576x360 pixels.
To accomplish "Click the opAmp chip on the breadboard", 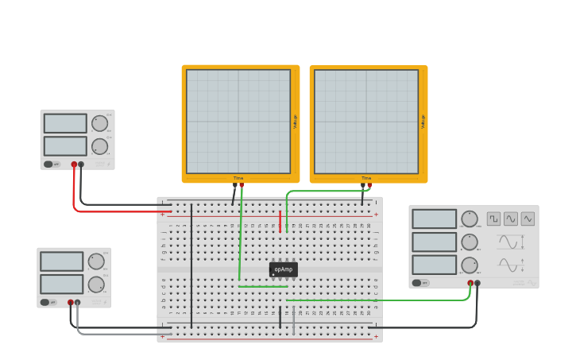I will click(283, 269).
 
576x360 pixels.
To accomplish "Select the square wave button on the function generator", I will click(493, 218).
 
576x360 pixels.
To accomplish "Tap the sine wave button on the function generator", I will click(511, 218).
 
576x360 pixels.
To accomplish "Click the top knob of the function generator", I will click(470, 219).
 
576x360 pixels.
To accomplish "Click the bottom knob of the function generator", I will click(470, 265).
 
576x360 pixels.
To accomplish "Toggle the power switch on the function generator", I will click(418, 282).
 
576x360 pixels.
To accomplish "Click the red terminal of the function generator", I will click(470, 283).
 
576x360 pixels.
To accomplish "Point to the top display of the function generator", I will click(435, 219).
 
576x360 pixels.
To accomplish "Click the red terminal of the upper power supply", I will click(74, 165).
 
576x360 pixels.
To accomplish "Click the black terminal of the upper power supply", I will click(81, 165).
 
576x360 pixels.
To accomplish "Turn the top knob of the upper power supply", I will click(99, 123).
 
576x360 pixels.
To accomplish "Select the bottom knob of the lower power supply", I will click(96, 285).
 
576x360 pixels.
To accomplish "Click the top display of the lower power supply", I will click(62, 261).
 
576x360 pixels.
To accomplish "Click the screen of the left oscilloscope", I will click(238, 121).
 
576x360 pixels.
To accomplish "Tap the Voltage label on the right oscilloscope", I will click(423, 122).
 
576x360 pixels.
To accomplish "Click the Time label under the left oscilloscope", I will click(238, 178).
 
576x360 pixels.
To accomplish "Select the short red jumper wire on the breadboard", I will click(280, 222).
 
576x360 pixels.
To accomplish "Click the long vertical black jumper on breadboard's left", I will click(191, 266).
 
